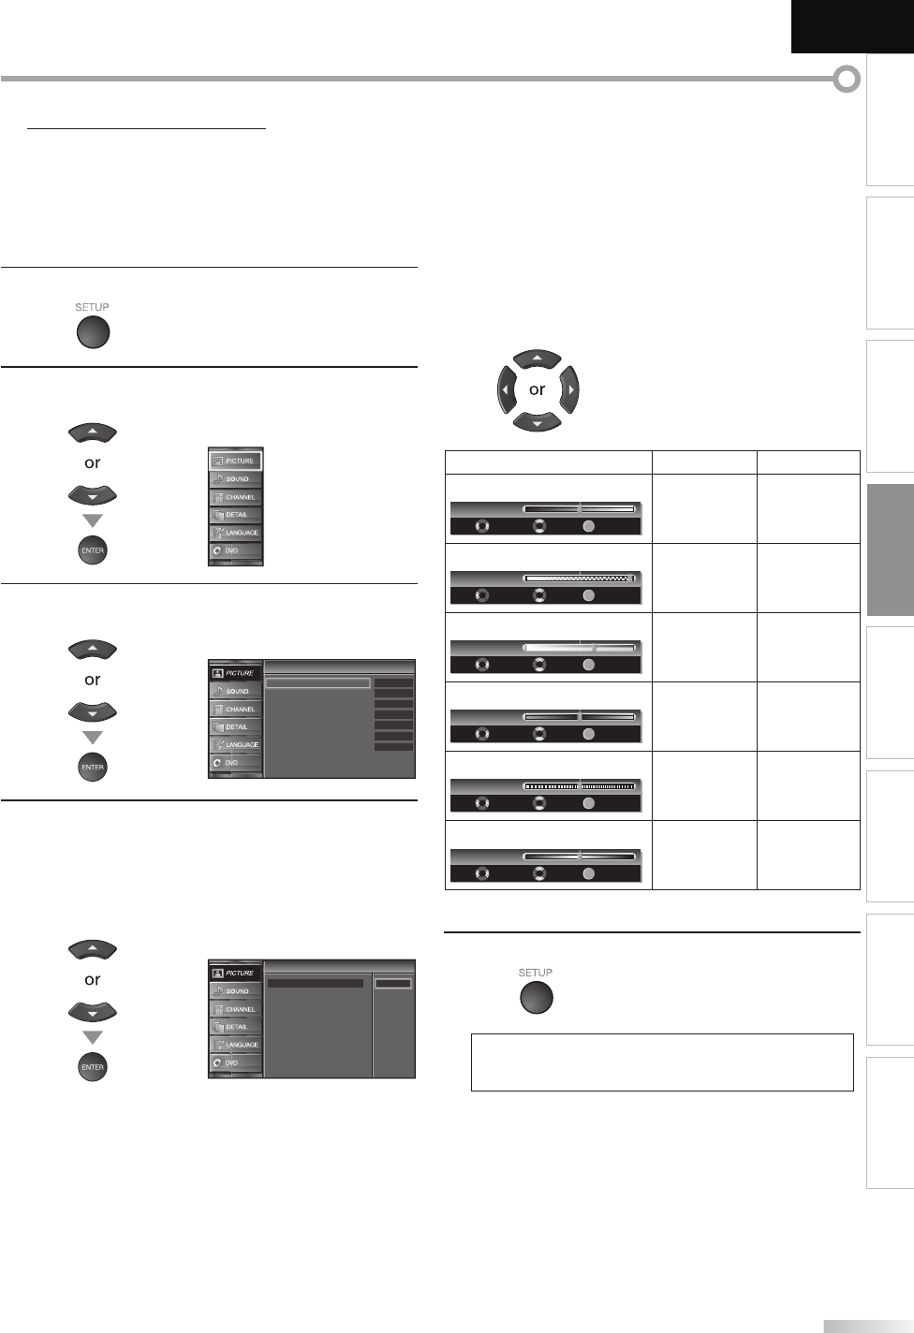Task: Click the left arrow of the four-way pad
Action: (506, 389)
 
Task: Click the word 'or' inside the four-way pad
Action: (537, 389)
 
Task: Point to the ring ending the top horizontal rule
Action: (847, 80)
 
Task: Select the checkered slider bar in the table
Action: (580, 579)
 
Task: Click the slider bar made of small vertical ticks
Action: (580, 786)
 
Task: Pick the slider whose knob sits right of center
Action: (580, 648)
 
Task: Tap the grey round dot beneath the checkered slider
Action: (588, 595)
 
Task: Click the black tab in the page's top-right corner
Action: (851, 26)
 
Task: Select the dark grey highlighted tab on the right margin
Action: (890, 550)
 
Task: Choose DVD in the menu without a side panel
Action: (235, 550)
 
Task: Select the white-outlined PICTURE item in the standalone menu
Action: (235, 461)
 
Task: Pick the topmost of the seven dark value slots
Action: (393, 683)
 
